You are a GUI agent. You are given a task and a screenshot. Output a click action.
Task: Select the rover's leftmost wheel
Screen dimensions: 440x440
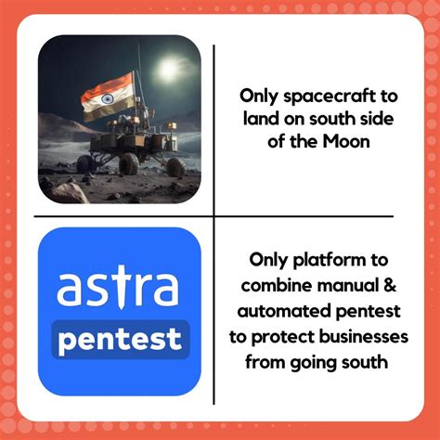pos(85,164)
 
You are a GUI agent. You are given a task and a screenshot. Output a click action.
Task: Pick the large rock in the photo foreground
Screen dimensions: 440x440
pos(70,192)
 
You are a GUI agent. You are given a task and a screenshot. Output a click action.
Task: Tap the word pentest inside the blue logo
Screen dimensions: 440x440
pos(120,339)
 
